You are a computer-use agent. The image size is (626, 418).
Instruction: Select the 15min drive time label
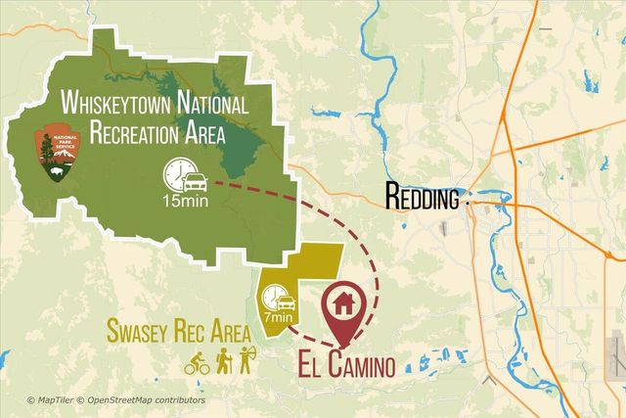coord(184,203)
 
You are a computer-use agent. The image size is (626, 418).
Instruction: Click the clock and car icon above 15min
coord(185,176)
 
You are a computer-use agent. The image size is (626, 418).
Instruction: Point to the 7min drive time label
coord(278,316)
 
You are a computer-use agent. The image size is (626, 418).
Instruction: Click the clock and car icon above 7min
coord(277,295)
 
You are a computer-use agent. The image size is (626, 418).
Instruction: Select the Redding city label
coord(423,199)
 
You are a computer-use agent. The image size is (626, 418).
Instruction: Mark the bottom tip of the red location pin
coord(342,348)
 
